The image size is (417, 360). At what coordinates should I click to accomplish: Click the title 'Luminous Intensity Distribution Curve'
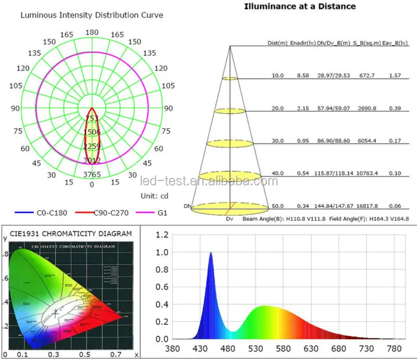(x=92, y=15)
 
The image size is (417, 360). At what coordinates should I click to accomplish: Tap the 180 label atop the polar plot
(x=92, y=32)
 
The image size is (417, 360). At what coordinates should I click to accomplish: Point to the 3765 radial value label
(x=92, y=175)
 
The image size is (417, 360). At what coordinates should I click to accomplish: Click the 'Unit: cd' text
(x=155, y=196)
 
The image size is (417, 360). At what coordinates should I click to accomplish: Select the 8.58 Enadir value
(x=303, y=76)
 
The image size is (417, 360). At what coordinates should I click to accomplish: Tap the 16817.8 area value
(x=367, y=206)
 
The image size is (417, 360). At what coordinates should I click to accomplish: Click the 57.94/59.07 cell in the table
(x=333, y=108)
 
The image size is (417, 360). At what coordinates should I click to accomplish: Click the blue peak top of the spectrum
(x=211, y=253)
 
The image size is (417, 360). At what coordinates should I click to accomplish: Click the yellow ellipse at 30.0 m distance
(x=230, y=142)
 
